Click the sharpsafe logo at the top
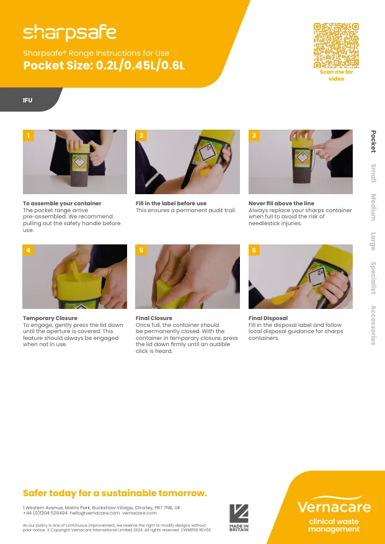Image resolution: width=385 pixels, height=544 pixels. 69,32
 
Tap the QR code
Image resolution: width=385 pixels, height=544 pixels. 336,45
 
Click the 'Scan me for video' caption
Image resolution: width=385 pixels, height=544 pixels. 336,75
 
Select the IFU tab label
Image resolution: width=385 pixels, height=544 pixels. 28,100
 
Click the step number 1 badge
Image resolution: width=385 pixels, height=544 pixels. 29,135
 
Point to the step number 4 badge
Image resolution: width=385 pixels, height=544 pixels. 29,250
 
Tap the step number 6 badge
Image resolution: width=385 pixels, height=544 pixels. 254,250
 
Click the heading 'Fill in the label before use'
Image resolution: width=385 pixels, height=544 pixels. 171,203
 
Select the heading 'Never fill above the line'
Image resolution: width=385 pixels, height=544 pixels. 281,203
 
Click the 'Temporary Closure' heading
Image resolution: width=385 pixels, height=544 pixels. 50,318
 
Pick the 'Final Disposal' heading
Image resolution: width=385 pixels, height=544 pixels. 268,318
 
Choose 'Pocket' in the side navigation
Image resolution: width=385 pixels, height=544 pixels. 373,141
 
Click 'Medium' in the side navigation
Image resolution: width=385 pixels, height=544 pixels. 373,207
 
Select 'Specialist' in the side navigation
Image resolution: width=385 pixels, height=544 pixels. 373,278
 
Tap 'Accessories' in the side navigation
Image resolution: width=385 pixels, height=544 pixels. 373,325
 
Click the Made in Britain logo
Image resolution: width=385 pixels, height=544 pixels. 239,517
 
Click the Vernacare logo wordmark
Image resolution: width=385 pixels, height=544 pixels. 334,506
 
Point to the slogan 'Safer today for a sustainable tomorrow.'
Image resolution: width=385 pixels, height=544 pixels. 115,493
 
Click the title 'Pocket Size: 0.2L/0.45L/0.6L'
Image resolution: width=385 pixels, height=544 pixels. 104,66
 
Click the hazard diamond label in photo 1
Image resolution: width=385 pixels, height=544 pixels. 79,163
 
